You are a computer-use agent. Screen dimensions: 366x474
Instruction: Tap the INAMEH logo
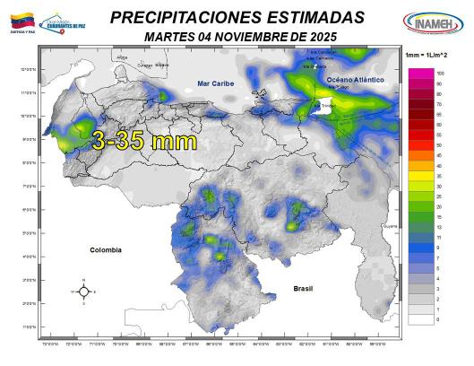tap(433, 21)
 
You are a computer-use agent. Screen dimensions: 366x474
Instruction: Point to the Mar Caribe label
tap(215, 83)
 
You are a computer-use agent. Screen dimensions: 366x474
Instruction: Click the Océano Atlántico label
tap(355, 80)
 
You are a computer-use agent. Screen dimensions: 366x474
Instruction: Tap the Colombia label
tap(105, 250)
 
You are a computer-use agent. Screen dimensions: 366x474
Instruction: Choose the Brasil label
tap(306, 288)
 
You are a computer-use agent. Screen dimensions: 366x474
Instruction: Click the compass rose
tap(82, 292)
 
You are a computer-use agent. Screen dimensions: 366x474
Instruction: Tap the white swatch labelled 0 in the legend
tap(418, 318)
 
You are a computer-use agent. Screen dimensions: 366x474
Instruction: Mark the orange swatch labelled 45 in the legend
tap(418, 155)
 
